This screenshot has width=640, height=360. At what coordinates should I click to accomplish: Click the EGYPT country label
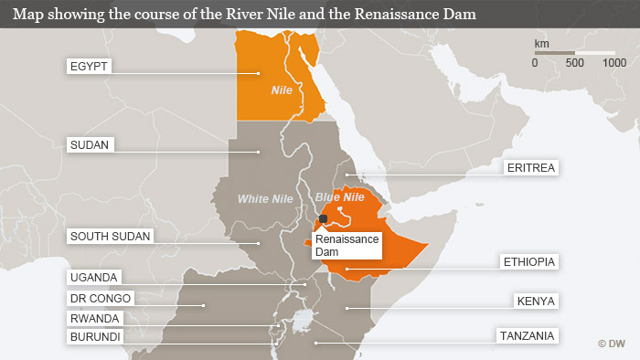click(89, 67)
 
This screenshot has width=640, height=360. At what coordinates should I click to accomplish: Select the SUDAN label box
click(90, 144)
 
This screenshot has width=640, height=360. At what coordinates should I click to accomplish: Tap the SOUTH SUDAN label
click(110, 236)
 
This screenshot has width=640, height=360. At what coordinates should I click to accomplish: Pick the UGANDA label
click(94, 277)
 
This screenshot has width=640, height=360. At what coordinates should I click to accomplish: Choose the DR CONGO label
click(101, 298)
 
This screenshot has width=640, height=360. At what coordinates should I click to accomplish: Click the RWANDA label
click(95, 318)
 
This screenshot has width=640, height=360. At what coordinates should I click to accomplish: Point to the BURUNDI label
click(96, 336)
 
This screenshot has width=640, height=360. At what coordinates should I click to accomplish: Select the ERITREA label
click(530, 168)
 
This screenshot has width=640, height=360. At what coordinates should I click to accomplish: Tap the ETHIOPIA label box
click(529, 262)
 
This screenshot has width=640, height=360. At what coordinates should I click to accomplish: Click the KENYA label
click(536, 301)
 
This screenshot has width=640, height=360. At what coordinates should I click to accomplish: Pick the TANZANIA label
click(527, 336)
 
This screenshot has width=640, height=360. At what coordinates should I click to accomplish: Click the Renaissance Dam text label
click(347, 244)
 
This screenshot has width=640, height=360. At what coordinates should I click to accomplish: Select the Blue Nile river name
click(339, 197)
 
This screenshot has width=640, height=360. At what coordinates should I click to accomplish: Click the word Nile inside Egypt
click(282, 91)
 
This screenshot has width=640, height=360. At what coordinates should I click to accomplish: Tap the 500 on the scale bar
click(576, 63)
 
